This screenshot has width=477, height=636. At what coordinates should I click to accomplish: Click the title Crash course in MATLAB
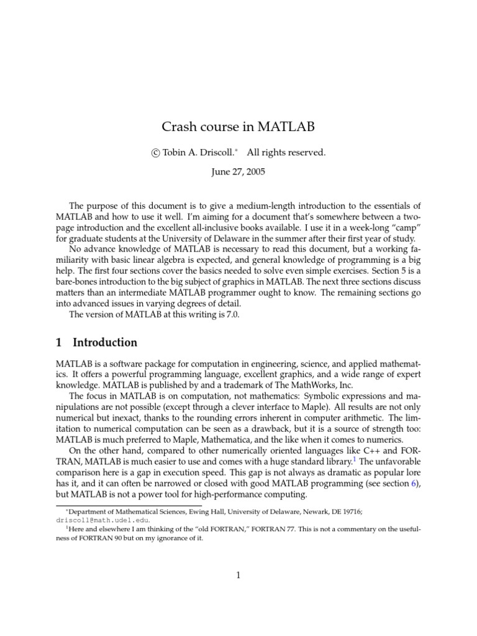tap(238, 127)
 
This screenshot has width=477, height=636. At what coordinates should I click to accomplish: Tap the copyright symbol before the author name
tap(156, 153)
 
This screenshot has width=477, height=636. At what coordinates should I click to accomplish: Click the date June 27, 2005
tap(238, 172)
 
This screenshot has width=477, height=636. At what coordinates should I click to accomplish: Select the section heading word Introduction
tap(105, 342)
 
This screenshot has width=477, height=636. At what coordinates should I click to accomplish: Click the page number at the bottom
tap(238, 575)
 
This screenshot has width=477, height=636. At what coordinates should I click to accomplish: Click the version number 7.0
tap(231, 314)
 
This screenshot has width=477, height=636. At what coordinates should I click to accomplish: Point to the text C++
tap(371, 448)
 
